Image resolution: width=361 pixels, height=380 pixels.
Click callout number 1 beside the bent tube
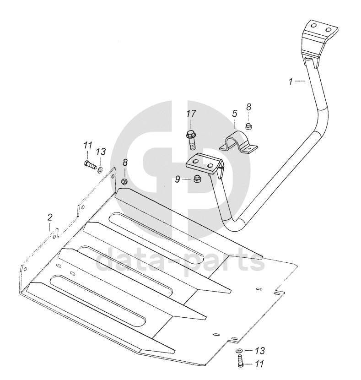point(291,81)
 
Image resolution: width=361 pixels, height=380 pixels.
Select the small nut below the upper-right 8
point(249,126)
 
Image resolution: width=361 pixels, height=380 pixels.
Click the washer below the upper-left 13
point(100,169)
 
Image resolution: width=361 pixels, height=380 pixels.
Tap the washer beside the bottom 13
point(239,351)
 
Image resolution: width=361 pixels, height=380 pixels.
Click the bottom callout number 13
point(259,351)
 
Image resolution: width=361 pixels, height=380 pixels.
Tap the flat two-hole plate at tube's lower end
point(203,164)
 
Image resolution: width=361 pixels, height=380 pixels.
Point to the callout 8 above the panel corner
point(124,162)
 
